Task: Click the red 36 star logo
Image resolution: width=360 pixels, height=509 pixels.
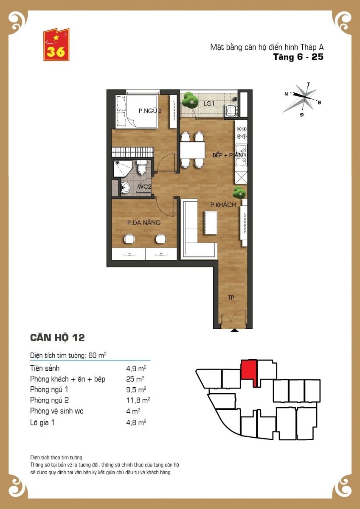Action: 56,45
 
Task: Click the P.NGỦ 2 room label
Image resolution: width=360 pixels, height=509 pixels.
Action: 150,111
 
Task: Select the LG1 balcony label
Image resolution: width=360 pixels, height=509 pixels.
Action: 209,103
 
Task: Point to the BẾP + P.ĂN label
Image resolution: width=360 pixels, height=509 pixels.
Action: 228,155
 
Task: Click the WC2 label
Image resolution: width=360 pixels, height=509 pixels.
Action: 145,187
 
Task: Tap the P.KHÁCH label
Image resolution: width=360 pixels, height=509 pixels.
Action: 223,205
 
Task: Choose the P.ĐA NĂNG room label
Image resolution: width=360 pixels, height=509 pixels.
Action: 144,222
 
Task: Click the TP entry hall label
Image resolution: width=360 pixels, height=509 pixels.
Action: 231,297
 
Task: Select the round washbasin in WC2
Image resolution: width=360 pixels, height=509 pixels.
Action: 125,187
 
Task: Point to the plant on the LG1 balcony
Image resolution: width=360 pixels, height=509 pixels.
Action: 190,100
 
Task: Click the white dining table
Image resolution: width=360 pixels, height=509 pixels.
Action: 192,150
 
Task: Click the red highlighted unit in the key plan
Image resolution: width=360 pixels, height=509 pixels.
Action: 249,370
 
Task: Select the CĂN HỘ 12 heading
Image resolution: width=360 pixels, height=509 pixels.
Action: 57,338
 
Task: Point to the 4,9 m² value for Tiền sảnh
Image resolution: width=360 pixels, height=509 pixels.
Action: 136,368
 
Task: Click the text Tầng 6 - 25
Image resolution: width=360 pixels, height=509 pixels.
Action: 298,57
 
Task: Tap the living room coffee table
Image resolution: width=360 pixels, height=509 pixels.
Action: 211,223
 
